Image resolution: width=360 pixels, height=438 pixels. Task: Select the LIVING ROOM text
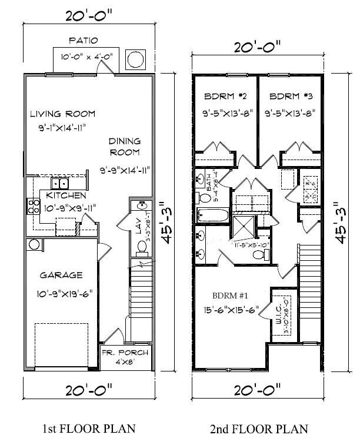[x=62, y=114]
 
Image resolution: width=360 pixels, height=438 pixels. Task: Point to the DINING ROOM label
[x=125, y=147]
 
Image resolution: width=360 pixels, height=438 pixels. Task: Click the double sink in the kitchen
[x=61, y=184]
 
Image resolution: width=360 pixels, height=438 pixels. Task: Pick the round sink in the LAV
[x=141, y=206]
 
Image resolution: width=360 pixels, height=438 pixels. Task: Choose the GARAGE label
[x=61, y=275]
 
